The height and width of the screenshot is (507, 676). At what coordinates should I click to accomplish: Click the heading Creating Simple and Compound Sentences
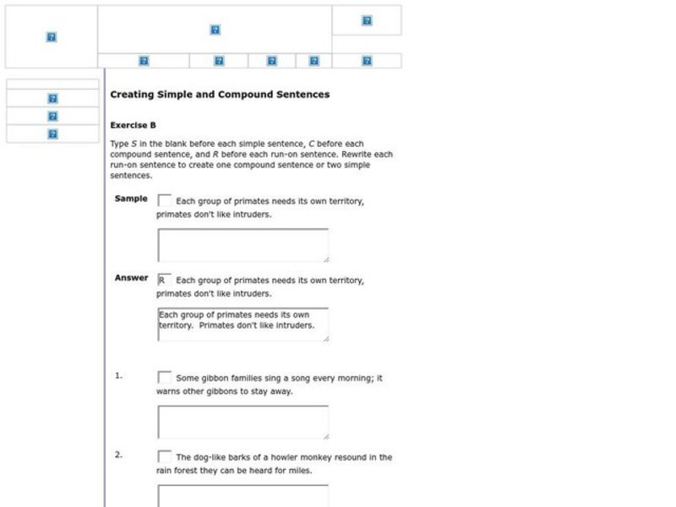[220, 95]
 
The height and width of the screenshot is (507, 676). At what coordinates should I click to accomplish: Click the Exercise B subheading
[133, 124]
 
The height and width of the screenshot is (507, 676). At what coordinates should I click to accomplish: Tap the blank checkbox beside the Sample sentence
[165, 200]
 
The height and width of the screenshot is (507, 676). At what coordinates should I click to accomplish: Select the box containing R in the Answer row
[165, 280]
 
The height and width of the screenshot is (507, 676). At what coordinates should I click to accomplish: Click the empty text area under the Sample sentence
[243, 245]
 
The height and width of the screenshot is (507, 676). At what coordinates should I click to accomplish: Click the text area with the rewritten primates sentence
[243, 324]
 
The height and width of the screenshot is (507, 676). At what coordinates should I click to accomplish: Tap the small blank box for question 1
[165, 378]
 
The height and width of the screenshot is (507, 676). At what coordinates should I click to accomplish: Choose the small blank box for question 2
[165, 456]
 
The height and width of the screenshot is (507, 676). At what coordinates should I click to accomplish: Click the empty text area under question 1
[243, 422]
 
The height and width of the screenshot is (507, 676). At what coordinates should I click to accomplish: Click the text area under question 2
[243, 496]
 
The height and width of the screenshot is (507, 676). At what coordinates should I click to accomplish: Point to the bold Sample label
[131, 199]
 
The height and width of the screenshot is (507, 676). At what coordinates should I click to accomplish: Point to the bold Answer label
[131, 278]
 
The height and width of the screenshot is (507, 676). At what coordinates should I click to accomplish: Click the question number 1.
[118, 376]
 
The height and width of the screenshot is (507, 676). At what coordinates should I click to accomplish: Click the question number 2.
[118, 455]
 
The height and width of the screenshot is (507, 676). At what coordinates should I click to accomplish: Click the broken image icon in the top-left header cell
[51, 37]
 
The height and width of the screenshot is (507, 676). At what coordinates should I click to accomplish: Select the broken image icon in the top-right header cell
[367, 20]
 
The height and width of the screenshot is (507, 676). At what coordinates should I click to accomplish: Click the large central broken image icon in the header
[215, 30]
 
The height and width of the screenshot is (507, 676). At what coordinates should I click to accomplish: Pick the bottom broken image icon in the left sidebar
[52, 134]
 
